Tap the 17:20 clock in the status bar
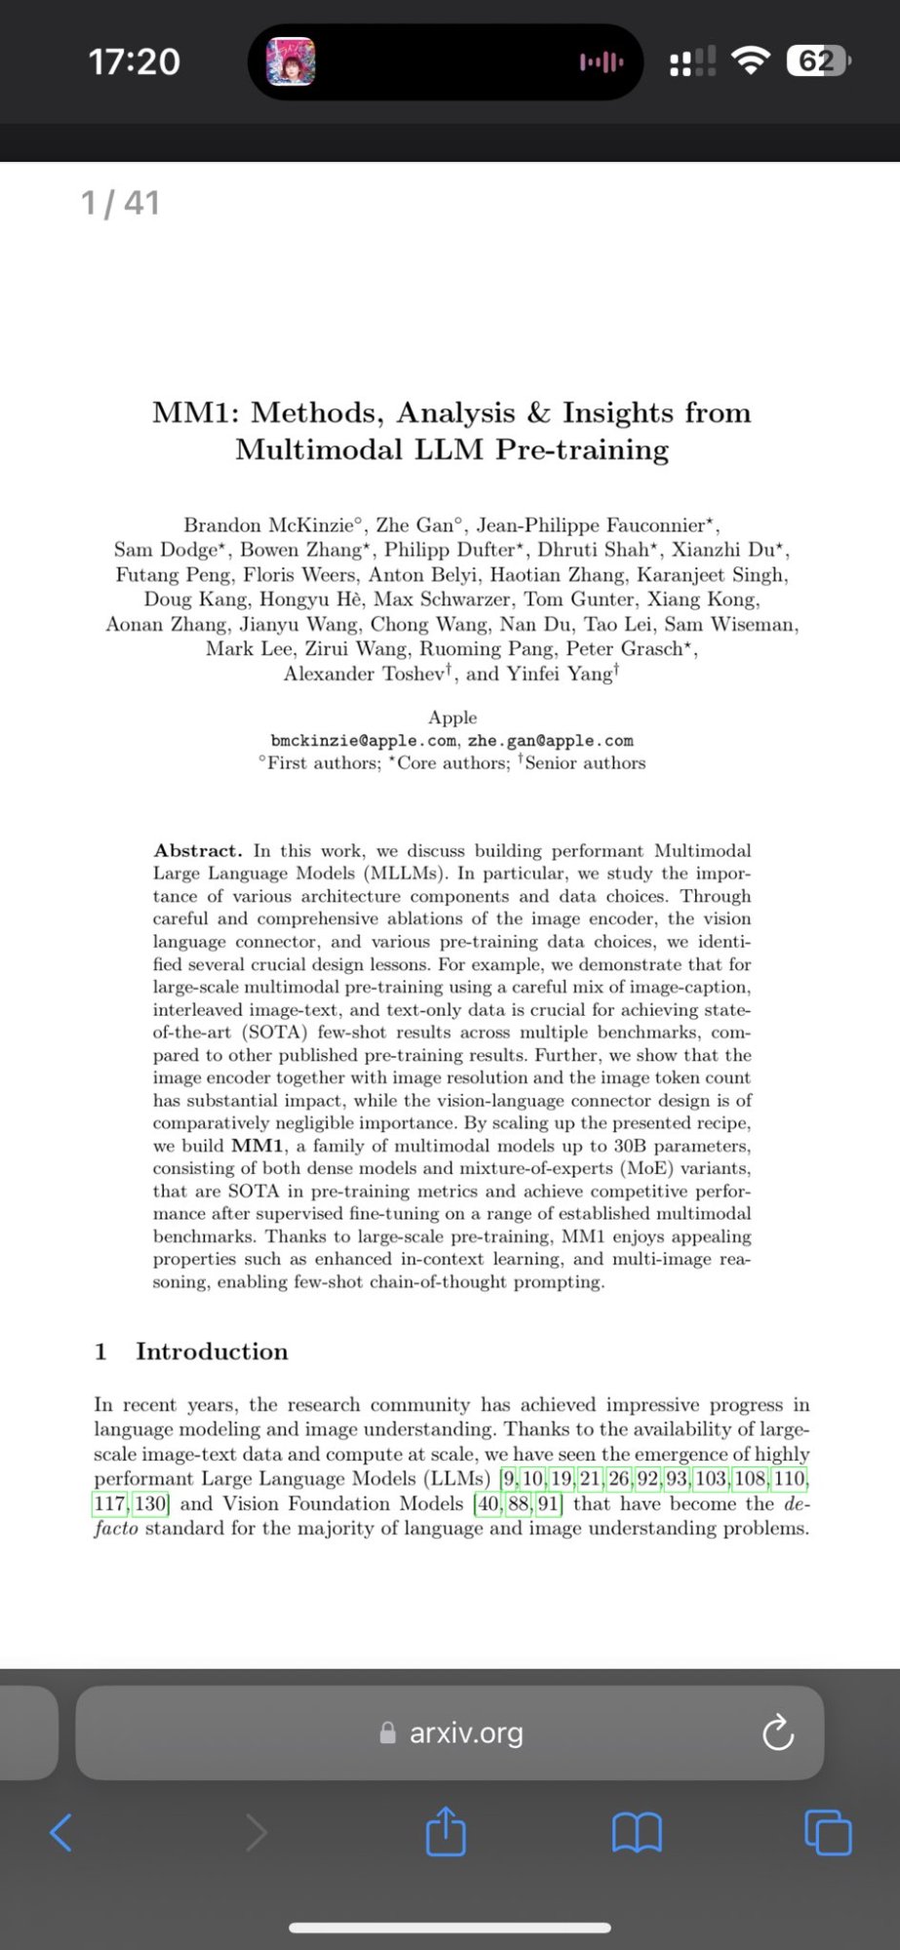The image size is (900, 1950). click(135, 62)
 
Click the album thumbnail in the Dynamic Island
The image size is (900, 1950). click(291, 62)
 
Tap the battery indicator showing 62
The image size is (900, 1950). click(817, 62)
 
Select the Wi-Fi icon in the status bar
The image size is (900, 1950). click(750, 61)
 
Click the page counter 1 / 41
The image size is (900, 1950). click(120, 203)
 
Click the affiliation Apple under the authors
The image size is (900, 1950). click(452, 718)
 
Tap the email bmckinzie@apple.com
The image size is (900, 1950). click(363, 741)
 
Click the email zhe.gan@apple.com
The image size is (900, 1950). click(550, 741)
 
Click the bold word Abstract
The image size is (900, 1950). click(197, 850)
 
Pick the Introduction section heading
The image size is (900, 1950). click(212, 1351)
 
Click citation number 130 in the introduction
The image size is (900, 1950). click(150, 1503)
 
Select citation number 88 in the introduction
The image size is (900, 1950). click(519, 1503)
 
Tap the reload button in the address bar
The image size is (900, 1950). click(777, 1733)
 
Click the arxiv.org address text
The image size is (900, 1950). click(466, 1733)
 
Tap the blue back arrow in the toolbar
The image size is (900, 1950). click(60, 1832)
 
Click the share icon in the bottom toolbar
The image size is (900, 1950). click(446, 1831)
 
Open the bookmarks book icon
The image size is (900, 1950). click(637, 1832)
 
